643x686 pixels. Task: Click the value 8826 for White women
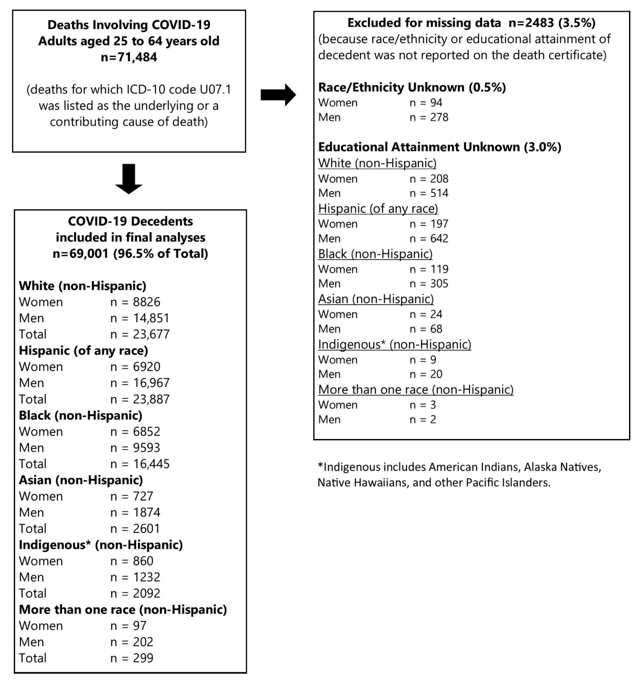(146, 302)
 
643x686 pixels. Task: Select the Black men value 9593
(146, 448)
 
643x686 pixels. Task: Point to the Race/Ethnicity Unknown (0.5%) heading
(412, 87)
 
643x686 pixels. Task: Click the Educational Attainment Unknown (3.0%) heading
(440, 147)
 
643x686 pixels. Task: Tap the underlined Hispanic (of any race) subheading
(378, 208)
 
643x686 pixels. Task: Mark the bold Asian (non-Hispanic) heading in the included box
(81, 480)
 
